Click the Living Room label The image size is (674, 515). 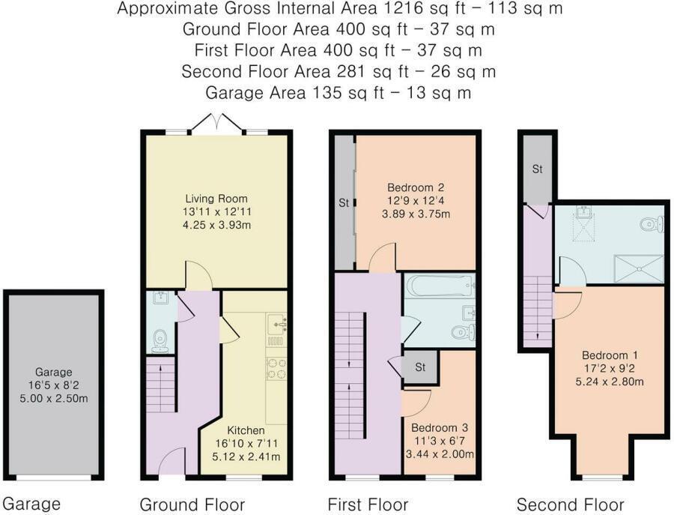216,199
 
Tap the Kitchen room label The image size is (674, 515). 246,430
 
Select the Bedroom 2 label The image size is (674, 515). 416,187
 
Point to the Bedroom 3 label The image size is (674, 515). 440,427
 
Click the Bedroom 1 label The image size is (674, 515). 610,355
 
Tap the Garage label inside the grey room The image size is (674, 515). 53,372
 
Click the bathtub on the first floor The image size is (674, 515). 440,286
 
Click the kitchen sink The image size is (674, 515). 276,325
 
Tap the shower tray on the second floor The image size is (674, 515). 639,269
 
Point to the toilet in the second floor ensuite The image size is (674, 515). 652,223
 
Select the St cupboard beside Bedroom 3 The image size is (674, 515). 419,367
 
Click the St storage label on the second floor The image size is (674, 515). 537,169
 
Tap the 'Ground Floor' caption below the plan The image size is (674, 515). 192,505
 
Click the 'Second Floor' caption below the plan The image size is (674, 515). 570,505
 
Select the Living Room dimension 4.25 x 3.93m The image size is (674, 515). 216,225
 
